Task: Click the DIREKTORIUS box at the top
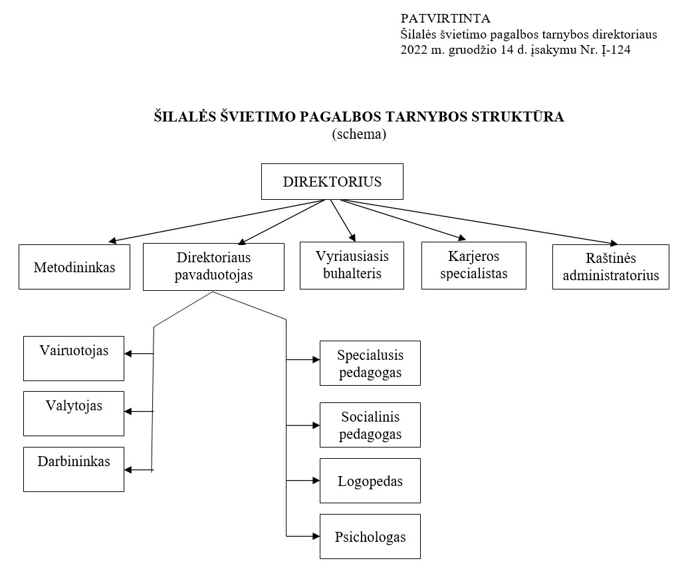[332, 182]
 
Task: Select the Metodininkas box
[74, 267]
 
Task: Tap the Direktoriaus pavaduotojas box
[214, 267]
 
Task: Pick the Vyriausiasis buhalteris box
[352, 266]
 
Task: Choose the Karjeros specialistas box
[474, 266]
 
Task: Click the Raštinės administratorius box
[611, 267]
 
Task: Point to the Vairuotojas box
[74, 359]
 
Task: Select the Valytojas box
[74, 414]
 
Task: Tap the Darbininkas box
[74, 469]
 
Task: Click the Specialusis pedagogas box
[370, 363]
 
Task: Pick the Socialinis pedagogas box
[370, 425]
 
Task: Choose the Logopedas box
[370, 481]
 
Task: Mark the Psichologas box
[370, 536]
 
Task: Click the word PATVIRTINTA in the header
[445, 19]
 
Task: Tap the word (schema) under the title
[359, 133]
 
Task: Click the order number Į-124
[616, 50]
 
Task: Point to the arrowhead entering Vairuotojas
[128, 354]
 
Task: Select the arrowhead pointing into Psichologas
[316, 536]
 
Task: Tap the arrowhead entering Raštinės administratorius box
[614, 243]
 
